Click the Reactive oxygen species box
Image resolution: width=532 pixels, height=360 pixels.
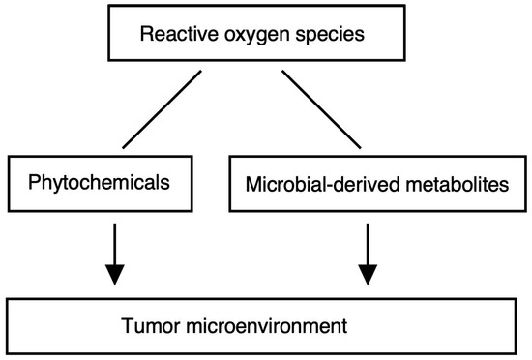265,38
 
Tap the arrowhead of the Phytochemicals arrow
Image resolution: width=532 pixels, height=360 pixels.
114,275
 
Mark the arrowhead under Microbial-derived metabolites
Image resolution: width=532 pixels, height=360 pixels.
367,275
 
